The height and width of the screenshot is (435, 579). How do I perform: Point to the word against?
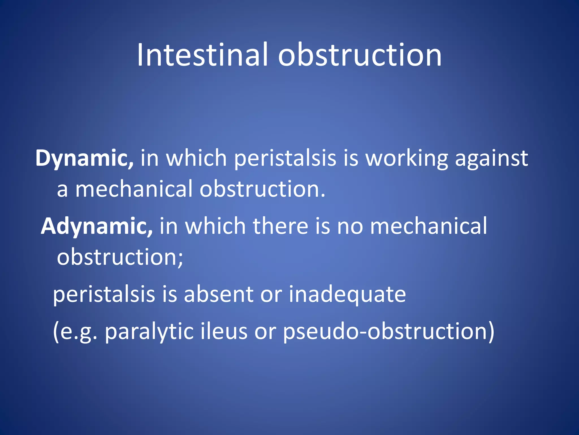491,159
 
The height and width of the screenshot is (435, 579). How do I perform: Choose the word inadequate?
347,295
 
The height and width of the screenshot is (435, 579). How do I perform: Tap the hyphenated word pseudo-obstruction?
389,332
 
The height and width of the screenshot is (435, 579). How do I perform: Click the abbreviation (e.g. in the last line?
75,332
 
